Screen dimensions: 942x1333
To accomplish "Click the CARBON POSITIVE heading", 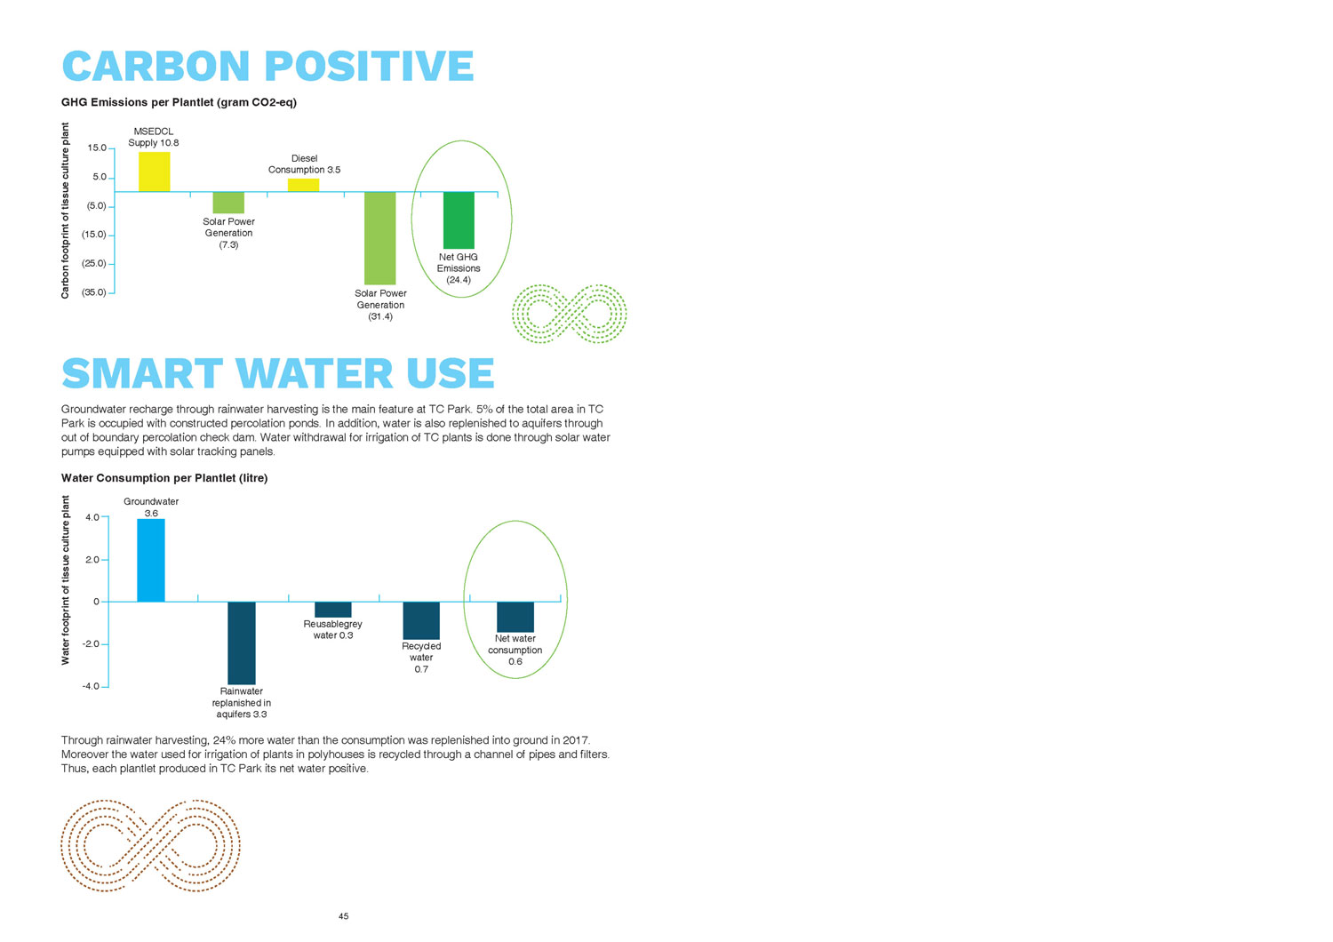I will point(267,67).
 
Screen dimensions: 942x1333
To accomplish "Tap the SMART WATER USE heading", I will point(277,374).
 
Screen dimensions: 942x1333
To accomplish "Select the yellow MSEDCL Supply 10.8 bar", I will point(154,172).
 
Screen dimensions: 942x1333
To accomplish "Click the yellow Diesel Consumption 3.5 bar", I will point(303,186).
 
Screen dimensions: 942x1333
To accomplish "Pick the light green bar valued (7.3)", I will point(228,203).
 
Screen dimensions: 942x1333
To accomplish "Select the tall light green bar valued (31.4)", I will point(380,238).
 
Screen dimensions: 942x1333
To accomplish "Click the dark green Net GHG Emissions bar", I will point(459,220).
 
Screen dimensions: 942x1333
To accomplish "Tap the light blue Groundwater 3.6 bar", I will point(151,561).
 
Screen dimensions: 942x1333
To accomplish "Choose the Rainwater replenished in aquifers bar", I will point(242,643).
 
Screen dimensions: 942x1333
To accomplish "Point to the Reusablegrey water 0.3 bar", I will point(333,610).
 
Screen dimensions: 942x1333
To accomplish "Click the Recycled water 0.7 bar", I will point(421,620).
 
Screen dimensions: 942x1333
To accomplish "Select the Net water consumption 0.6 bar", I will point(515,617).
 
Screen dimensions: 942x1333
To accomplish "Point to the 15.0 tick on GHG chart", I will point(97,148).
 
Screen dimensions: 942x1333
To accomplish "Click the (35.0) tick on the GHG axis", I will point(95,292).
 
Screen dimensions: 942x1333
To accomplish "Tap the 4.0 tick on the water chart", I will point(92,517).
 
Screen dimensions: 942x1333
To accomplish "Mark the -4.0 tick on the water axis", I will point(91,686).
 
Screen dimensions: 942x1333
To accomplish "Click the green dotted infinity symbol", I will point(570,314).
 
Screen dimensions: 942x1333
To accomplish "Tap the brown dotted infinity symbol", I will point(150,845).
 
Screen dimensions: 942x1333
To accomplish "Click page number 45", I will point(344,916).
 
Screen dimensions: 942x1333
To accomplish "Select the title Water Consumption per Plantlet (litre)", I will point(164,478).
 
